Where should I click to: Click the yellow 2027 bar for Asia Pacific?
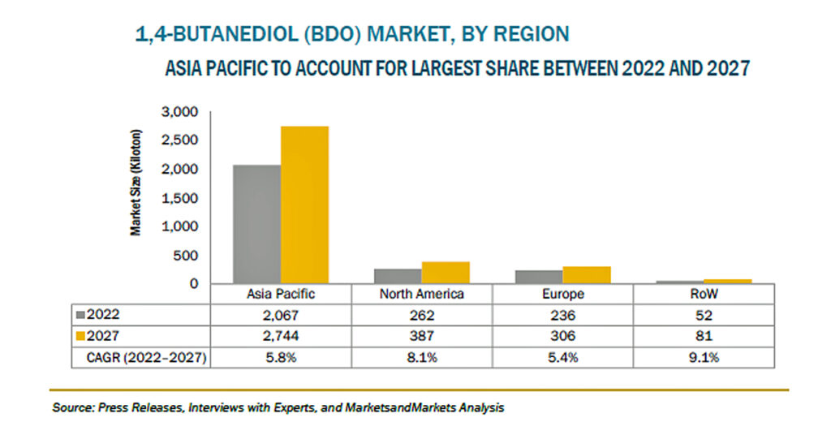pos(305,205)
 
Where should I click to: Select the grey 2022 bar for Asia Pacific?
pos(257,224)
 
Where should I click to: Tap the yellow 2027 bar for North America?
pos(446,273)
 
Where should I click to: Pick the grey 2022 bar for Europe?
pos(539,277)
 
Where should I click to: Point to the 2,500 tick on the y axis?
pos(179,140)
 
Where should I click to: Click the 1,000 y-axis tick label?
pos(179,226)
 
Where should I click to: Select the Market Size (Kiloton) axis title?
pos(136,183)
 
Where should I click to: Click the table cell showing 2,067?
pos(281,315)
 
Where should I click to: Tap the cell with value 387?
pos(422,336)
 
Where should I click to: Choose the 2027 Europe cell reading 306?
pos(563,336)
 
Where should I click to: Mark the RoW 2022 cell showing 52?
pos(704,315)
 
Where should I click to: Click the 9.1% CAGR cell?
pos(704,358)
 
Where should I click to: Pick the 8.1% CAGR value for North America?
pos(422,358)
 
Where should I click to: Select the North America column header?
pos(422,294)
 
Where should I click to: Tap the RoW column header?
pos(704,294)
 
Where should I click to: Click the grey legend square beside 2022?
pos(80,315)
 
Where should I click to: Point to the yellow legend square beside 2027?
pos(80,336)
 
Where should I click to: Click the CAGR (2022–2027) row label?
pos(146,358)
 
